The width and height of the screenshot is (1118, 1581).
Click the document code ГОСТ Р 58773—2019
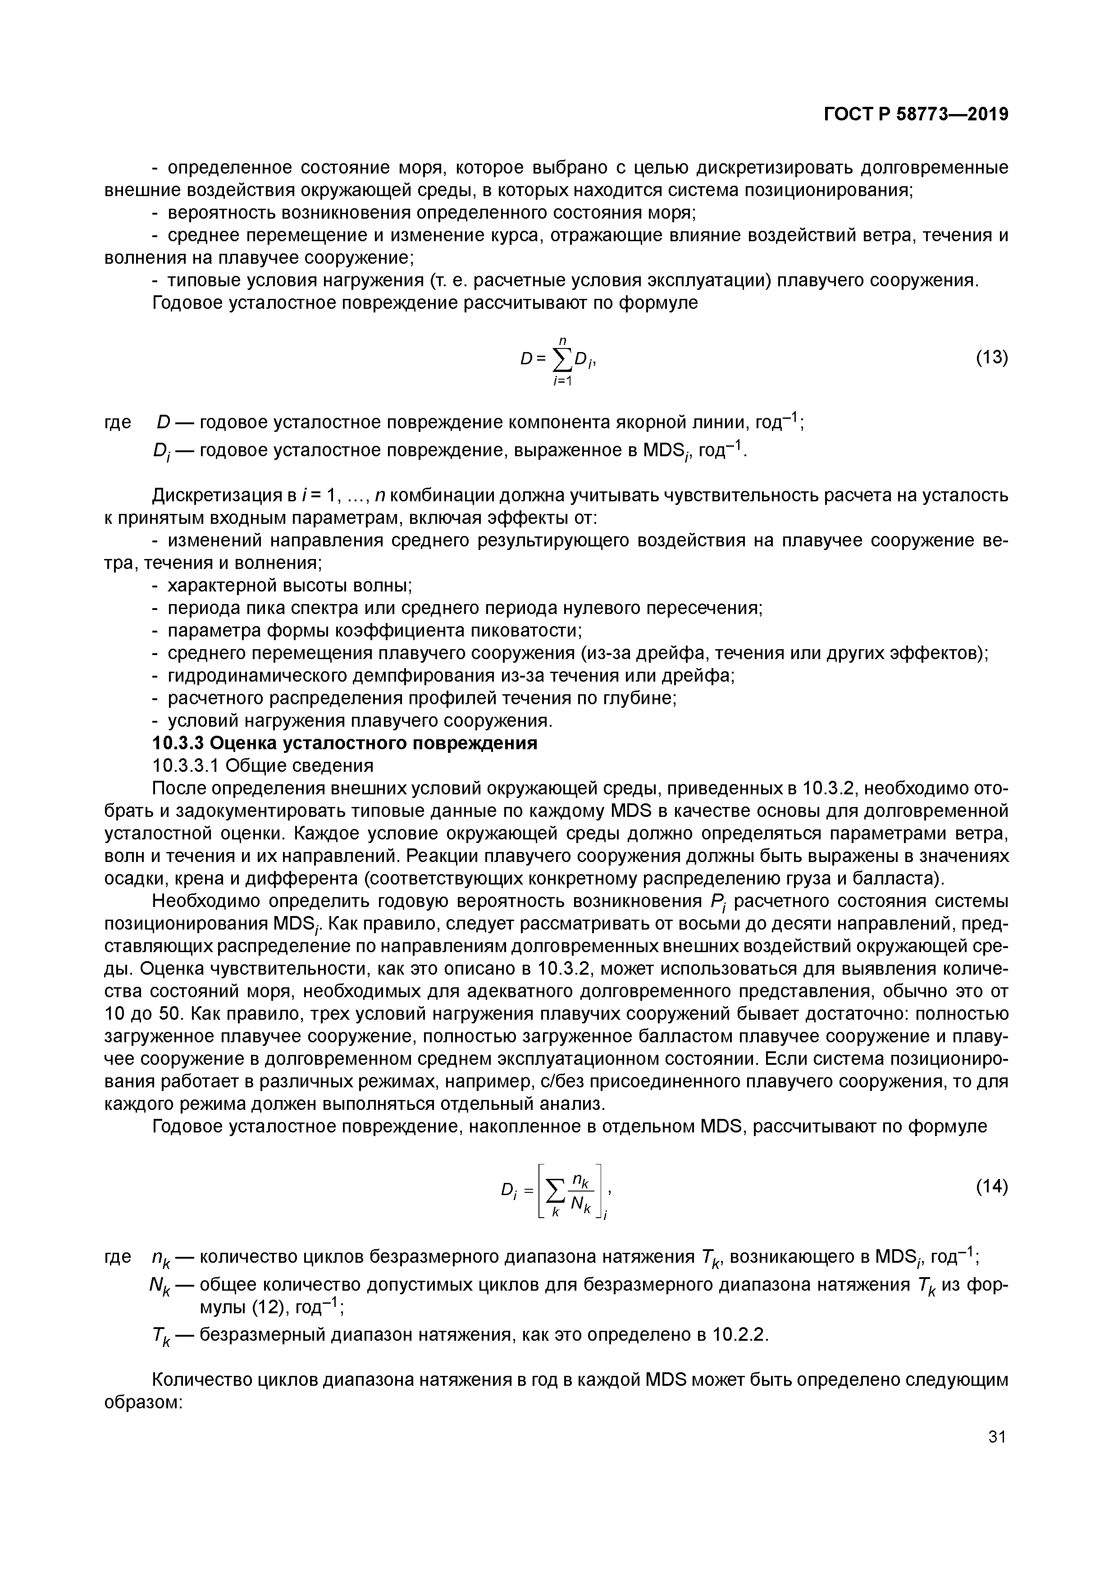point(916,115)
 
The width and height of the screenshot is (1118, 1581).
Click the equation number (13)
point(992,357)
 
